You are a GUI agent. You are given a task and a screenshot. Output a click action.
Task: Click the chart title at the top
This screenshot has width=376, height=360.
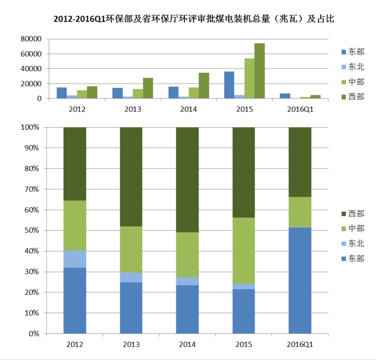[193, 19]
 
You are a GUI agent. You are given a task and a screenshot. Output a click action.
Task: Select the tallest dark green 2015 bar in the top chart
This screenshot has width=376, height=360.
[259, 71]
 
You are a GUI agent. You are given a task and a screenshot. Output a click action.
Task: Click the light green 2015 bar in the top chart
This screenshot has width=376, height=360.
[249, 78]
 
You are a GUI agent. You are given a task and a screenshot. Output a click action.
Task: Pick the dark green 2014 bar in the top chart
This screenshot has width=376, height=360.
[204, 86]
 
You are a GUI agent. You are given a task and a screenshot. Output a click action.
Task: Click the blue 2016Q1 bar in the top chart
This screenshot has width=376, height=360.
[285, 96]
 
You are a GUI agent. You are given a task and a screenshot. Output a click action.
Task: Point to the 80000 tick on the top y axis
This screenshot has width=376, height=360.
[31, 38]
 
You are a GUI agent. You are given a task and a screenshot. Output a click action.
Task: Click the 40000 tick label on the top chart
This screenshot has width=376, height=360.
[31, 68]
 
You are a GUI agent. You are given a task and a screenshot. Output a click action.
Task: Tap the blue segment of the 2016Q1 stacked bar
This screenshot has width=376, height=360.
[300, 280]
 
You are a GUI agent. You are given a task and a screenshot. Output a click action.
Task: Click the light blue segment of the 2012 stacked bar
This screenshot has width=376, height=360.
[75, 259]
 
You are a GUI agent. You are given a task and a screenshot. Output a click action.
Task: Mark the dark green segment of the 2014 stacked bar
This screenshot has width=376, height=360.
[188, 180]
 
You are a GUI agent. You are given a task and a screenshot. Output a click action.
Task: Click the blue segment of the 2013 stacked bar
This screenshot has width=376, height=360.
[131, 308]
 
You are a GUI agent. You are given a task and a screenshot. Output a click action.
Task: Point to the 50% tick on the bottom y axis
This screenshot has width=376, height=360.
[33, 230]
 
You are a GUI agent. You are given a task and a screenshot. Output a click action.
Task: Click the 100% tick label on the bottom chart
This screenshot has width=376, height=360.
[31, 127]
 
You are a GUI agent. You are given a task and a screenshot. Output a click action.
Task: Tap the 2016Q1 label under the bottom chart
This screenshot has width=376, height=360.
[300, 345]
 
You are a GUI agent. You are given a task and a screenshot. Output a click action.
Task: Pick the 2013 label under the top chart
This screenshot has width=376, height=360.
[131, 108]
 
